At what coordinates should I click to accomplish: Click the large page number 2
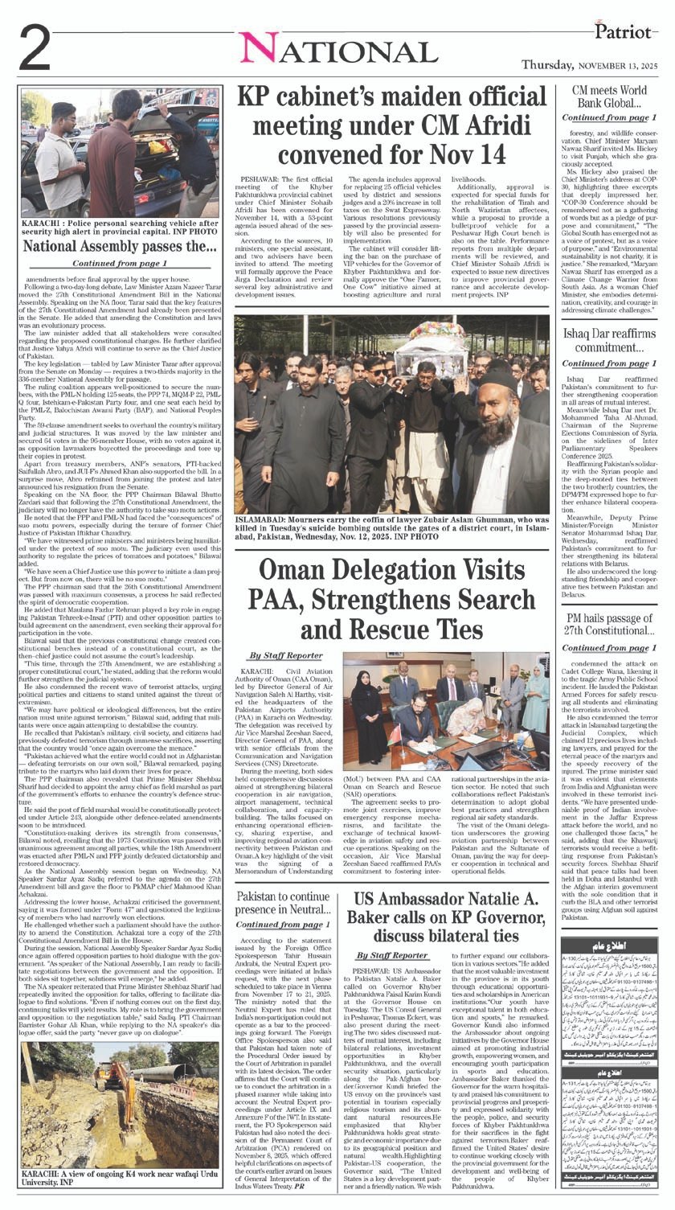[34, 49]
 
